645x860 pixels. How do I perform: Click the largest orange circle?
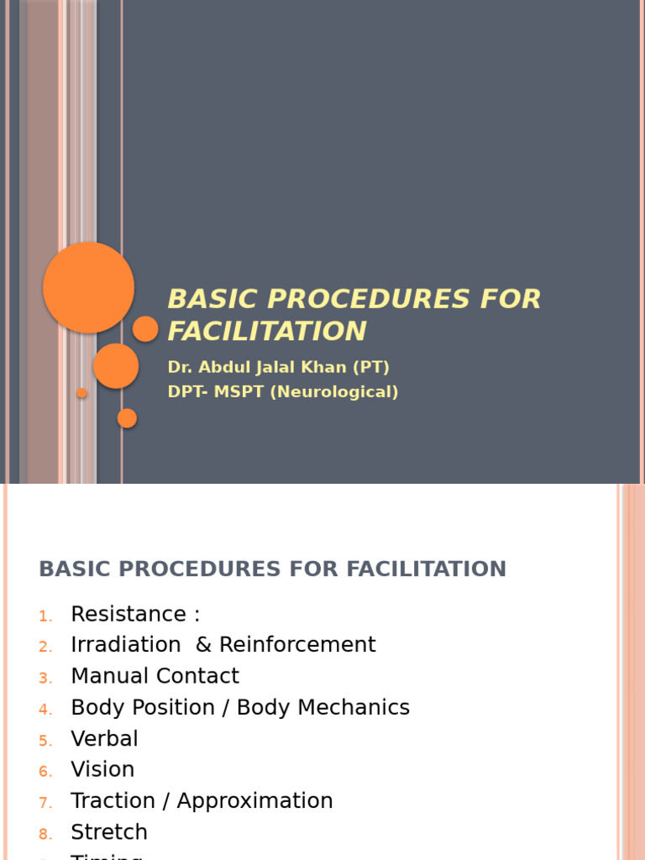88,287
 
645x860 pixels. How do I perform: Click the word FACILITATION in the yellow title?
267,331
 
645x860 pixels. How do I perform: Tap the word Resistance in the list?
128,614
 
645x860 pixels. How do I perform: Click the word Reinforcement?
297,645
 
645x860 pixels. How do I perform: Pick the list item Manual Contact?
155,676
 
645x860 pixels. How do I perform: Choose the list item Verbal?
105,739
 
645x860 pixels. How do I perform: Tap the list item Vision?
102,770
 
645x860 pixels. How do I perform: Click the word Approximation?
255,801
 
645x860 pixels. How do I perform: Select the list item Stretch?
109,832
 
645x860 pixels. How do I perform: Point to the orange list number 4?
45,710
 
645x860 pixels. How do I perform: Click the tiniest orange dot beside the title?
81,393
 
